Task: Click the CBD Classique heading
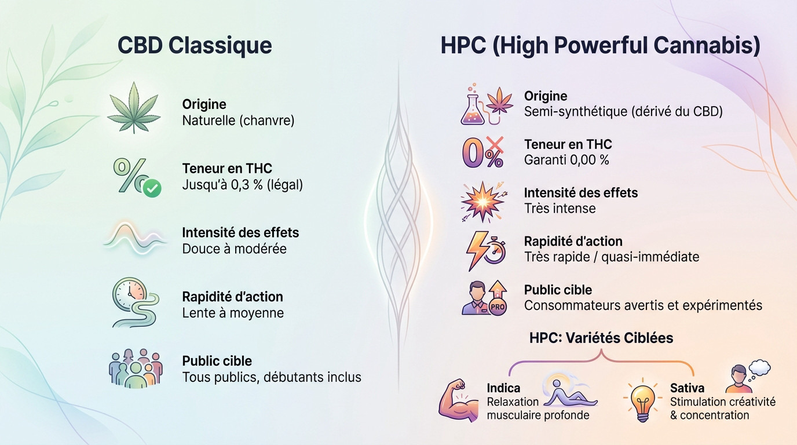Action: [x=195, y=45]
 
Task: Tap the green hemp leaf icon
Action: [x=134, y=107]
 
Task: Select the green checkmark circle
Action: [x=152, y=188]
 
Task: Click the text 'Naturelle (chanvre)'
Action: [x=238, y=121]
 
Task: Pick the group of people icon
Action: [x=136, y=369]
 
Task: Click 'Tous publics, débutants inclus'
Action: [x=272, y=377]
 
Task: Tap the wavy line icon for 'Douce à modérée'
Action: [x=134, y=238]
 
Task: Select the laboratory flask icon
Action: [x=473, y=107]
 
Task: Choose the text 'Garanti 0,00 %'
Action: [x=566, y=160]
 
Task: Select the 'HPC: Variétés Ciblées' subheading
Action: [x=601, y=338]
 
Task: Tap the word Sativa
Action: [x=687, y=388]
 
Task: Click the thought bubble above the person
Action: [x=759, y=367]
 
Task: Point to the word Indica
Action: [x=503, y=388]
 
